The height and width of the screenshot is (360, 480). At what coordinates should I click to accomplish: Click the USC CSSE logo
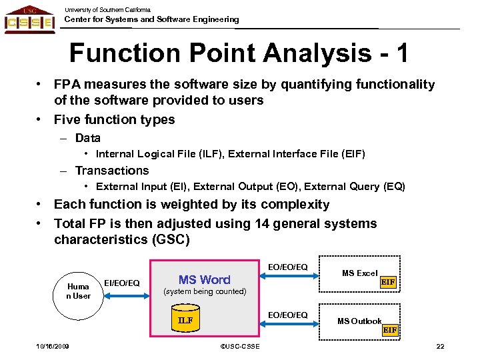click(x=30, y=19)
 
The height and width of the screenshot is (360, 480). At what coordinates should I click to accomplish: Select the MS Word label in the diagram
click(x=204, y=280)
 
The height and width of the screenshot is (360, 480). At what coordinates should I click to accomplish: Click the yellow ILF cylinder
click(x=185, y=320)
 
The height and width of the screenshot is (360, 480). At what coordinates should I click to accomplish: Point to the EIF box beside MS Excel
click(x=388, y=283)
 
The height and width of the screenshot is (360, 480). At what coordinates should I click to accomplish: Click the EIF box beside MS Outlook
click(x=389, y=329)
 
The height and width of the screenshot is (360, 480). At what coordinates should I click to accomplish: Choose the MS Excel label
click(x=359, y=273)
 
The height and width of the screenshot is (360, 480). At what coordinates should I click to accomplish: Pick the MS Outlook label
click(x=359, y=321)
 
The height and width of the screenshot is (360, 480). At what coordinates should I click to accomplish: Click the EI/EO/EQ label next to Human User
click(x=122, y=283)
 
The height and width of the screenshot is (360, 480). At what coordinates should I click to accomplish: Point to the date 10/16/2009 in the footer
click(x=53, y=345)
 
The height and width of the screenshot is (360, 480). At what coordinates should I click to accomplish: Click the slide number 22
click(x=439, y=345)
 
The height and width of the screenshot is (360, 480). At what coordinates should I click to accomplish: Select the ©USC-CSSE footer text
click(x=239, y=346)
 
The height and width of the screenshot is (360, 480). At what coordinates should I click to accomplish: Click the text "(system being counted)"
click(x=205, y=292)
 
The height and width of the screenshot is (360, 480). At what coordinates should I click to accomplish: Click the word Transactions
click(x=111, y=171)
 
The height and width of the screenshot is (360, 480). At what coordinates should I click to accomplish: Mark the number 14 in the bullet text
click(x=263, y=223)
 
